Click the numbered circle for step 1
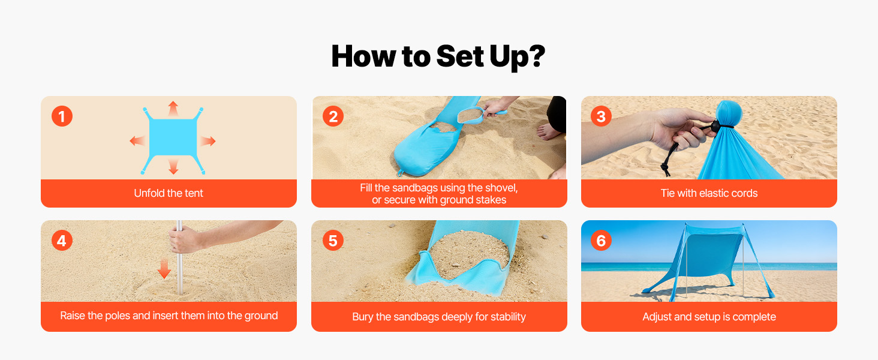[x=62, y=116]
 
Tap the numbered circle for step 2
[x=333, y=116]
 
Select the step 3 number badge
[x=602, y=116]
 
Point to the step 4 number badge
[x=62, y=240]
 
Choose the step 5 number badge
[x=333, y=240]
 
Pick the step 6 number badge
[x=602, y=240]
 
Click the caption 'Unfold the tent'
[x=169, y=193]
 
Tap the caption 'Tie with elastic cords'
[x=709, y=193]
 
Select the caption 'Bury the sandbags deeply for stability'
[x=439, y=316]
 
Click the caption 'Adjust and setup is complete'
[x=709, y=316]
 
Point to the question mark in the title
[x=534, y=56]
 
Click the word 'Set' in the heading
[x=460, y=56]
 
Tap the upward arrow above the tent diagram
[x=173, y=108]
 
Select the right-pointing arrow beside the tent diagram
[x=208, y=141]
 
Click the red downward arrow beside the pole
[x=164, y=269]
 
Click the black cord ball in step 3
[x=715, y=126]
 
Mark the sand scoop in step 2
[x=480, y=115]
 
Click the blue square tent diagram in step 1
[x=173, y=140]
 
